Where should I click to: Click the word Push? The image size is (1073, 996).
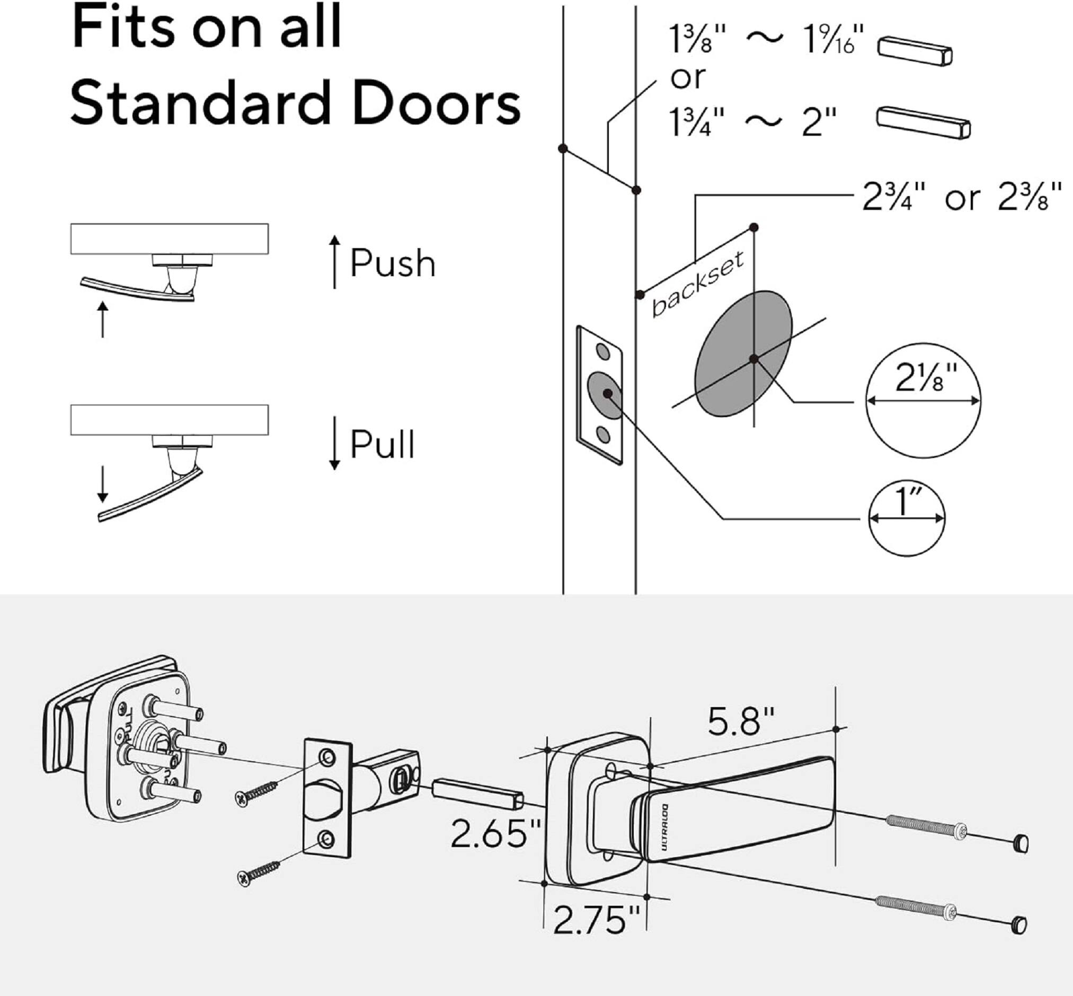point(393,263)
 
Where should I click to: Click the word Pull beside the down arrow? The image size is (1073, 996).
point(383,444)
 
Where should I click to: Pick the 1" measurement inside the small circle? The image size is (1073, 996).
point(907,501)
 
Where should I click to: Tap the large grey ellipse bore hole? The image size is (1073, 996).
point(743,354)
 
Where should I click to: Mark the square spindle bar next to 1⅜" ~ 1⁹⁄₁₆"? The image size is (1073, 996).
point(915,51)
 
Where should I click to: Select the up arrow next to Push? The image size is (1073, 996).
point(334,261)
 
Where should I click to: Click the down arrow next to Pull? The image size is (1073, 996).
point(334,443)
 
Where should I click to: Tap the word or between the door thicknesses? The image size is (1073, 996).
point(687,78)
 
